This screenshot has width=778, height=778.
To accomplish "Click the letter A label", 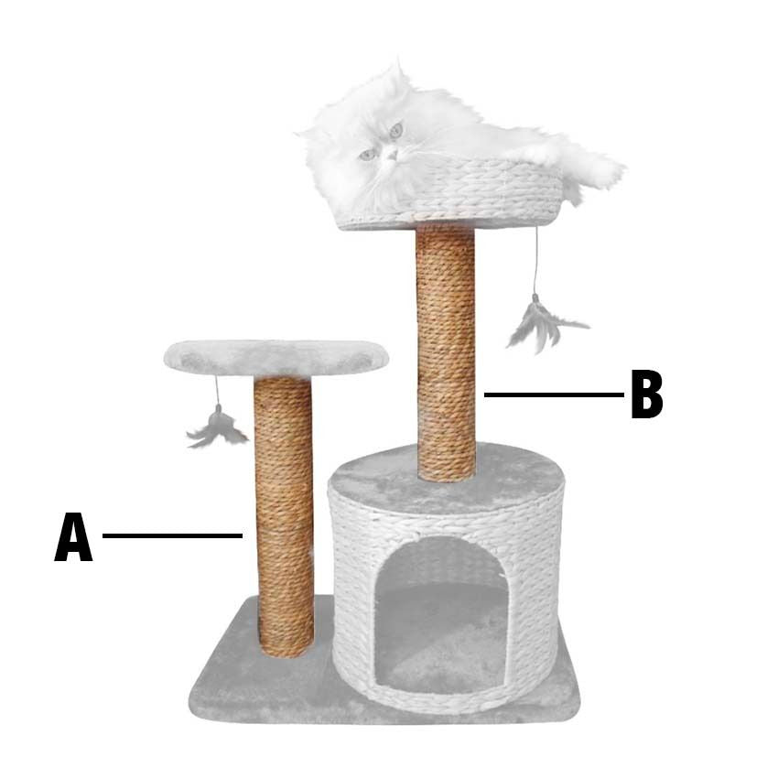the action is [x=73, y=537].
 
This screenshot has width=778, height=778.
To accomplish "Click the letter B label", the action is [x=647, y=394].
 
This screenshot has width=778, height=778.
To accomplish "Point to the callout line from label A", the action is [x=172, y=535].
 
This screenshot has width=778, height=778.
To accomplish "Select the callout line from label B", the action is [x=555, y=395].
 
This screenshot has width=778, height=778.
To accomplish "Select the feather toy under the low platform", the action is [x=217, y=428].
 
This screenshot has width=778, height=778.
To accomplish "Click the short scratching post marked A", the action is [x=285, y=516].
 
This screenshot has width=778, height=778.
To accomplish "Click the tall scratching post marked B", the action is [x=446, y=352].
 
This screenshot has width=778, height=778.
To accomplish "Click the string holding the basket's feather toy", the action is [x=535, y=262].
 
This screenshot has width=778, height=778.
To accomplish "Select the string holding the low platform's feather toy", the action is [x=217, y=391].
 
